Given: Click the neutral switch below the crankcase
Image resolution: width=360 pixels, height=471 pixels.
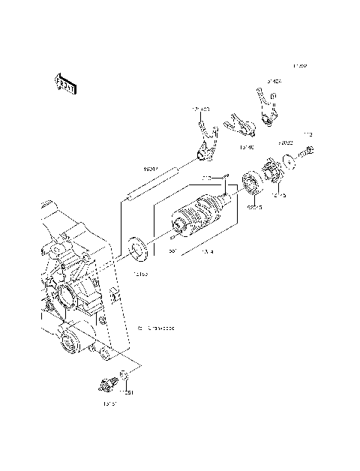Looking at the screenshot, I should click(x=106, y=385).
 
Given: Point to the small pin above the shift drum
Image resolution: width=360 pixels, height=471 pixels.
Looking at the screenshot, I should click(x=205, y=176).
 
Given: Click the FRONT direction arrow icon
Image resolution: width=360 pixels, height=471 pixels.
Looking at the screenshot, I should click(x=65, y=84).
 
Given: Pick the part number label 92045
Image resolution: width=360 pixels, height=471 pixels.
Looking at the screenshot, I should click(x=256, y=205).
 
